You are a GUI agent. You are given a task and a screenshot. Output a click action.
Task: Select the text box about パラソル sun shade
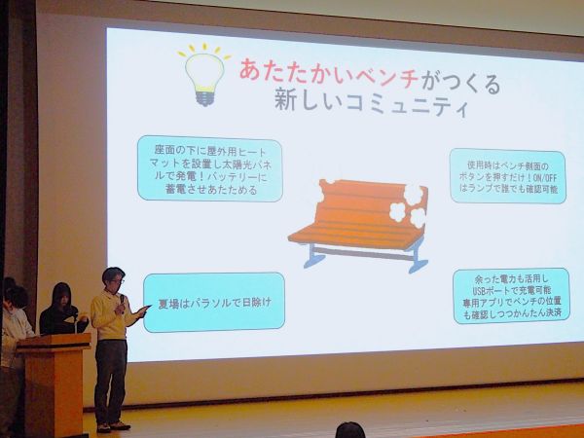[x=214, y=302]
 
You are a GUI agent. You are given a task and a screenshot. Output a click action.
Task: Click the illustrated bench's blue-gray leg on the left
[x=313, y=255]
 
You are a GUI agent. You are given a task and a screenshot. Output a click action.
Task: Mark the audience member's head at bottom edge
[x=349, y=430]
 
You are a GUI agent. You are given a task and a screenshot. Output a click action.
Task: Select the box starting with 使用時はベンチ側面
[x=507, y=174]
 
